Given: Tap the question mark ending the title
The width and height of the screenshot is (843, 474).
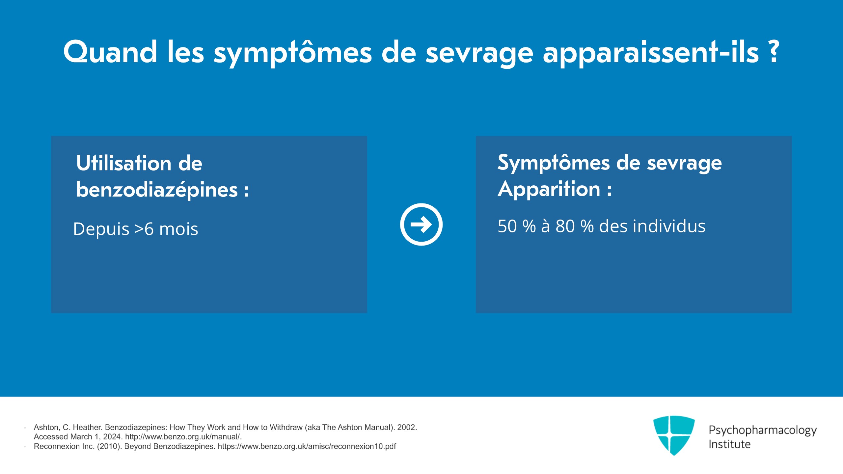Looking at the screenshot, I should click(x=774, y=52).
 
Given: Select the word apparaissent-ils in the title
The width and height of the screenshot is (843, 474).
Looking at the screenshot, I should click(x=650, y=53).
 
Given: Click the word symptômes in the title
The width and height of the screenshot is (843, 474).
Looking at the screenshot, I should click(x=293, y=53).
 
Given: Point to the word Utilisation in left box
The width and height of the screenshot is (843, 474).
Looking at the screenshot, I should click(x=123, y=163).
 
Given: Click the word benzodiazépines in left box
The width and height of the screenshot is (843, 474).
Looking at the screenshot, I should click(x=157, y=190).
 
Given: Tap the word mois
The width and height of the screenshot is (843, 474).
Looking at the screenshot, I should click(x=178, y=229).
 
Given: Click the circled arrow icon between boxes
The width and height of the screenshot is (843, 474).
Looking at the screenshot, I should click(x=421, y=224).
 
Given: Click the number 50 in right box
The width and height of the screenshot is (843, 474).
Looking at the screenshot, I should click(x=507, y=226).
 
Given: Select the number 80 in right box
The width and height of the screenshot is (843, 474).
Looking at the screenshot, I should click(x=565, y=226).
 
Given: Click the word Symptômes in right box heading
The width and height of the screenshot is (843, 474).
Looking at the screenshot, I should click(x=554, y=163).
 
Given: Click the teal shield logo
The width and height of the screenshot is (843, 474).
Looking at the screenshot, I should click(x=674, y=435).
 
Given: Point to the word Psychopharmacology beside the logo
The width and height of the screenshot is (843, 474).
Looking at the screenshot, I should click(x=762, y=430).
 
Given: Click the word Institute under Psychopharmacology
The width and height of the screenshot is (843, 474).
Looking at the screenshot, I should click(x=729, y=444).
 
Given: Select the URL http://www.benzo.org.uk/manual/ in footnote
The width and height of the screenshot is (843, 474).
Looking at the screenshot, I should click(x=183, y=437).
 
